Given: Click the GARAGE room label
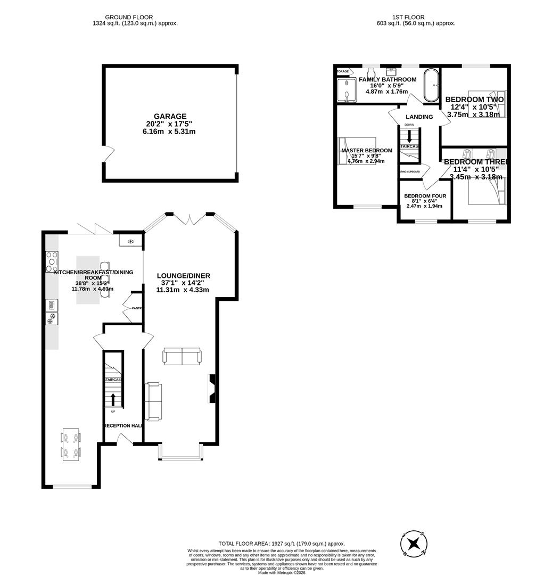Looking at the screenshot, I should click(x=170, y=116).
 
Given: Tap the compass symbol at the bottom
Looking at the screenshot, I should click(x=414, y=544).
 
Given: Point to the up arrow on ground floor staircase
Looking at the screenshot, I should click(x=113, y=400).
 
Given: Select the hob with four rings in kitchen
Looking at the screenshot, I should click(x=52, y=261).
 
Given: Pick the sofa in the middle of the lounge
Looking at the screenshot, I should click(x=182, y=356).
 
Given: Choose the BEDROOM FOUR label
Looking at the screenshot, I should click(x=425, y=196).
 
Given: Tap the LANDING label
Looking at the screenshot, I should click(x=419, y=117).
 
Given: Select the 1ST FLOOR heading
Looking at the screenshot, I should click(x=408, y=17).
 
